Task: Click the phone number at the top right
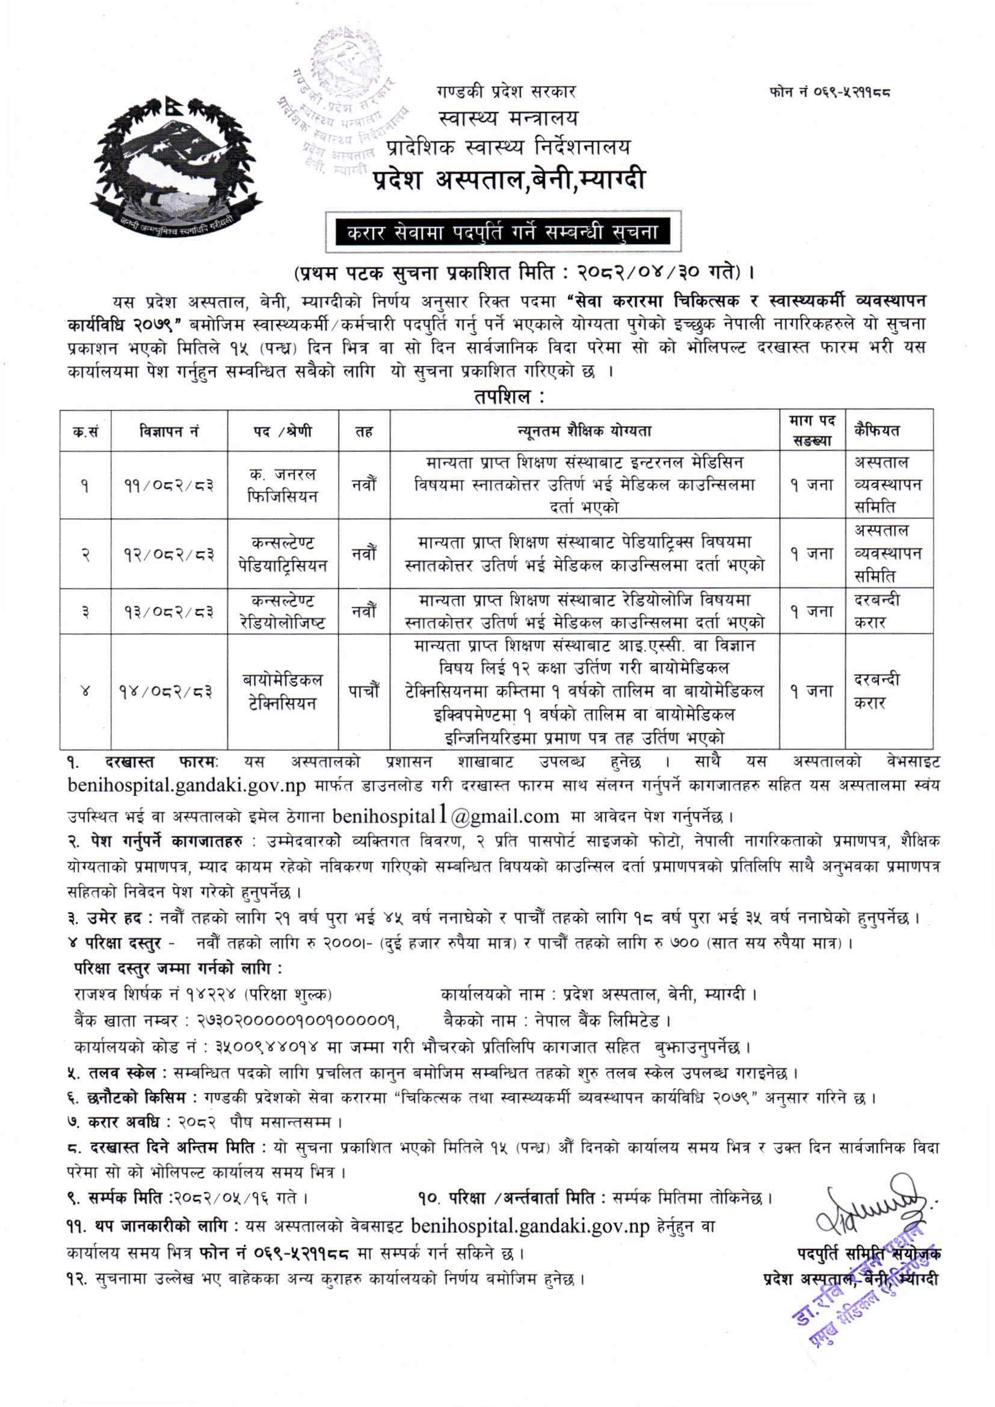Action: pyautogui.click(x=830, y=93)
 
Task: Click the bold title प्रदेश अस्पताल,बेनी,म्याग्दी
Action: pyautogui.click(x=508, y=179)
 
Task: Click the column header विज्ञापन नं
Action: pyautogui.click(x=169, y=431)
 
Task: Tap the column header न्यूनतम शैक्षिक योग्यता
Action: pyautogui.click(x=585, y=431)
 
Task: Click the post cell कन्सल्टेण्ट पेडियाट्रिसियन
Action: pyautogui.click(x=283, y=554)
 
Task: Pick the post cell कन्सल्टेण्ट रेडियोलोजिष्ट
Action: pyautogui.click(x=283, y=611)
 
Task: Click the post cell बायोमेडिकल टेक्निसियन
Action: pyautogui.click(x=283, y=691)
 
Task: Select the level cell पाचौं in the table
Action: pyautogui.click(x=364, y=691)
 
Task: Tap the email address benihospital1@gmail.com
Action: pyautogui.click(x=445, y=817)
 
